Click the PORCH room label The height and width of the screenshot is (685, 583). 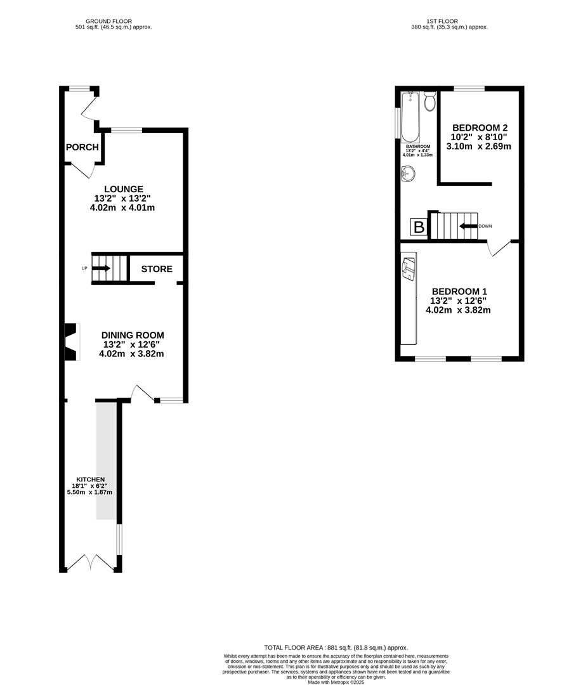82,147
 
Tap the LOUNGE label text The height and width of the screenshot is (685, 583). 124,189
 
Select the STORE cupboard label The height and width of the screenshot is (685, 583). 157,269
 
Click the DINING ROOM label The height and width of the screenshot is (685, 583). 133,335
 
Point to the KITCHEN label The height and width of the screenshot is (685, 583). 91,479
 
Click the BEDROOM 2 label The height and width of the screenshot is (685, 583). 480,127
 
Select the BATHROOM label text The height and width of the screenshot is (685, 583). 418,146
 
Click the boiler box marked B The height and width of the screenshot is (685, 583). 419,226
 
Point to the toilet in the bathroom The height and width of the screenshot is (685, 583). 429,101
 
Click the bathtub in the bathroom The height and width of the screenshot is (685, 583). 410,117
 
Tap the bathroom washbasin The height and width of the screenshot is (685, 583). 408,173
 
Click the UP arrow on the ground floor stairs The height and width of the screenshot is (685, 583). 101,268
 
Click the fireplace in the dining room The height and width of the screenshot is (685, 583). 70,342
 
